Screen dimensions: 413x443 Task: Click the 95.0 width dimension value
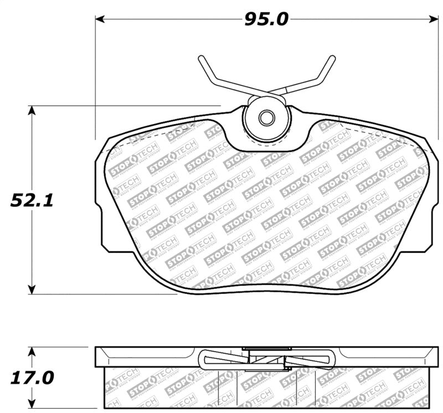pos(266,20)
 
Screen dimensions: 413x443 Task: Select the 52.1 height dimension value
pos(32,200)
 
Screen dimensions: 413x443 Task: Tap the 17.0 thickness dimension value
pos(32,378)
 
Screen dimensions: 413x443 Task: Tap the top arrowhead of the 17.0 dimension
pos(32,352)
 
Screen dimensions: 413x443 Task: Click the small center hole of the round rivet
pos(267,118)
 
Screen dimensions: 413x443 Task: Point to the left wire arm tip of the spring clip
pos(200,58)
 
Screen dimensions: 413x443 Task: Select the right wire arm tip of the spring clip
pos(333,58)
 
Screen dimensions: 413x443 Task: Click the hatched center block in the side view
pos(266,360)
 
